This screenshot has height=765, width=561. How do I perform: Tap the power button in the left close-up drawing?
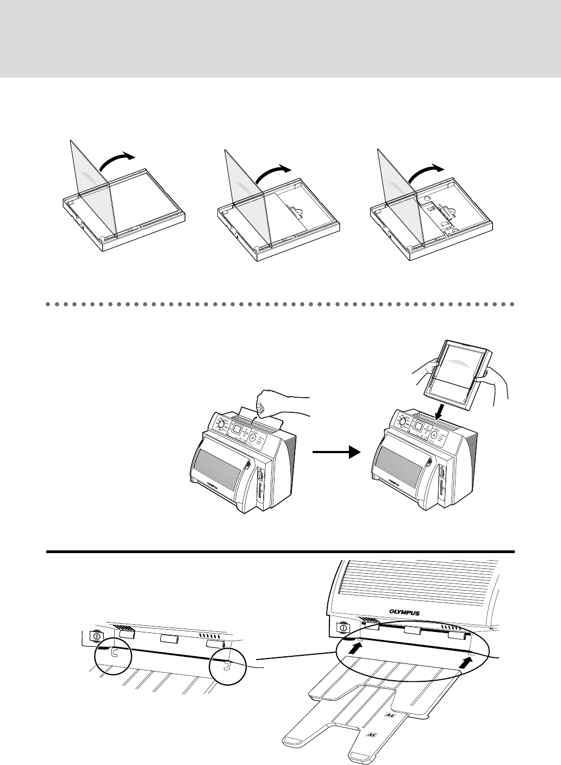click(x=97, y=636)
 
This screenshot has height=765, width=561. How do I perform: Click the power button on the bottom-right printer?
click(x=344, y=628)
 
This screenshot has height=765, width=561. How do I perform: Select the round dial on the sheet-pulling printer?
click(x=221, y=425)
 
